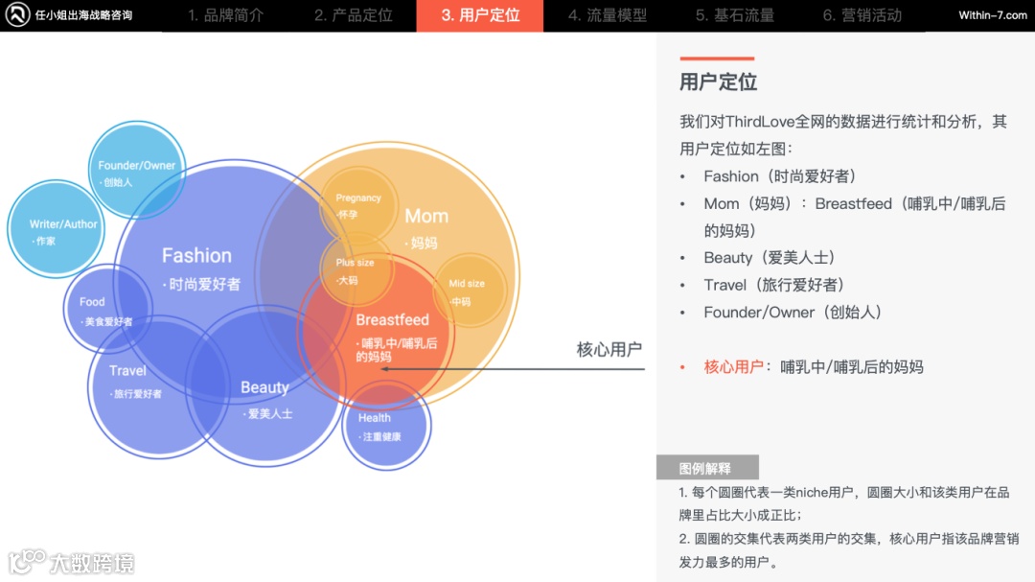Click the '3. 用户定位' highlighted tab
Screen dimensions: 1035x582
click(480, 15)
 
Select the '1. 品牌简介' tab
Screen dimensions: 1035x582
click(226, 15)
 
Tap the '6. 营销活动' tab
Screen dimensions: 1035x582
click(862, 15)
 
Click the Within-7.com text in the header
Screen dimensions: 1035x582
click(992, 15)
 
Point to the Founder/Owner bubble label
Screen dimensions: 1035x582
click(137, 165)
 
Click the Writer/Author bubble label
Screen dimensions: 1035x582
click(64, 224)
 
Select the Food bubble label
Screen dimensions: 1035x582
click(93, 302)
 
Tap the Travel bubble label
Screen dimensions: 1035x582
click(127, 371)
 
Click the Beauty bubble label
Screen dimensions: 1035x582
click(264, 387)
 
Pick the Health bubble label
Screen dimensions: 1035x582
click(375, 418)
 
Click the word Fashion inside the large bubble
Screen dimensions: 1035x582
click(196, 255)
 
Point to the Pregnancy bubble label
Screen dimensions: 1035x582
click(358, 198)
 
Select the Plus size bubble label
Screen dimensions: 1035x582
click(356, 263)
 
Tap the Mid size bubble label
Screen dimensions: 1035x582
click(467, 284)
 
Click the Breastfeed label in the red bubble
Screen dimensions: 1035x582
click(392, 319)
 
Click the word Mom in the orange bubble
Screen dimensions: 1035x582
click(426, 216)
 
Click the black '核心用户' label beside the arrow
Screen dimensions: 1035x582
click(609, 349)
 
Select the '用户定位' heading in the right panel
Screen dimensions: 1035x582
click(719, 82)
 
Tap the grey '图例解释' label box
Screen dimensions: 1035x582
click(706, 468)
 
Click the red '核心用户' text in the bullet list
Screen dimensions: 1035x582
click(733, 366)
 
